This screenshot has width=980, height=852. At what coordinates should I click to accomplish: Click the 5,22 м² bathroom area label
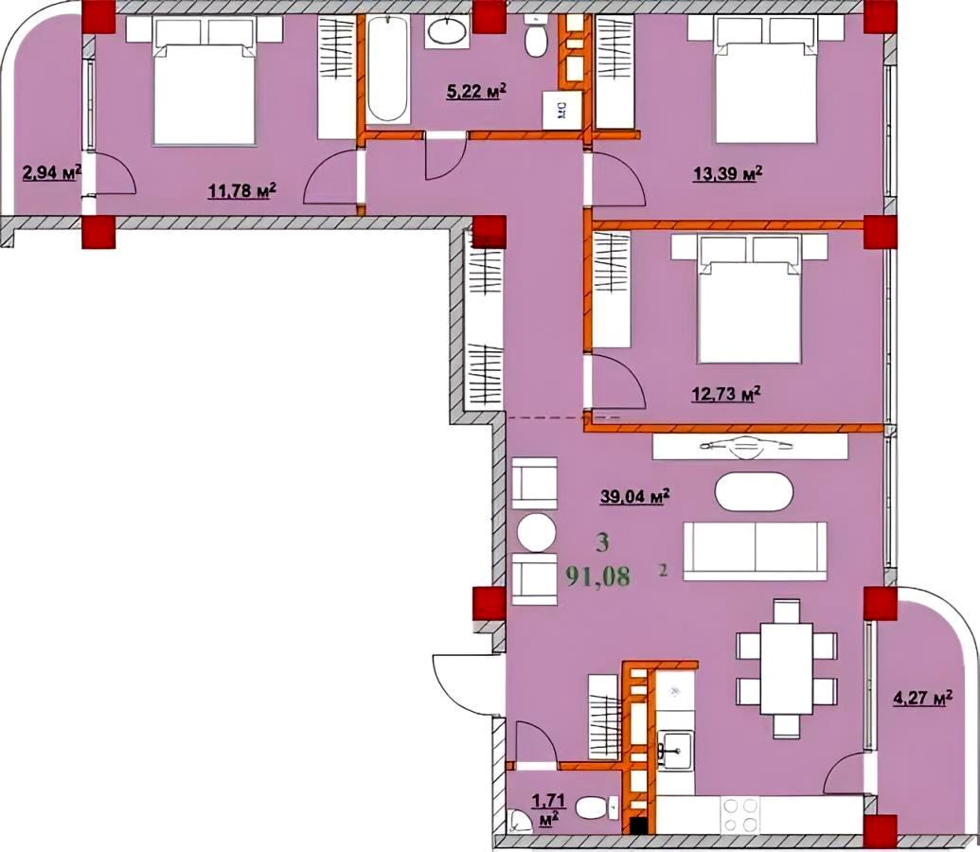[475, 93]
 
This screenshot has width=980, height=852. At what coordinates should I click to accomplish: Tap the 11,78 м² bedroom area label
[242, 190]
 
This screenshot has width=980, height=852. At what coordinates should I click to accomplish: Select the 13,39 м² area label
[727, 173]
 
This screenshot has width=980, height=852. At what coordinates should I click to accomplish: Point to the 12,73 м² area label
[725, 395]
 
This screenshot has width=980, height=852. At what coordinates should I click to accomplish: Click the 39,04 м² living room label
[635, 496]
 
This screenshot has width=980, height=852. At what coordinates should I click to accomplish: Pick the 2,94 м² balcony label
[52, 171]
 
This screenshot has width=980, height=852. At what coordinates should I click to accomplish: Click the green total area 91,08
[598, 576]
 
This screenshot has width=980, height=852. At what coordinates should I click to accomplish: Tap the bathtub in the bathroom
[388, 68]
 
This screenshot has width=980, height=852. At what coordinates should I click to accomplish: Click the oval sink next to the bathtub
[447, 30]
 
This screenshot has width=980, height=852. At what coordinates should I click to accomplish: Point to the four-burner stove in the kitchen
[740, 815]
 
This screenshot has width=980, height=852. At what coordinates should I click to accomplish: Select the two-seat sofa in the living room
[755, 551]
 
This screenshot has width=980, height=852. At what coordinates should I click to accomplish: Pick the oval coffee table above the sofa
[754, 490]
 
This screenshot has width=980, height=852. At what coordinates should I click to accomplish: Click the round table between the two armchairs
[536, 532]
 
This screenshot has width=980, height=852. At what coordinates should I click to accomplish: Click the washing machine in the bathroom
[561, 110]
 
